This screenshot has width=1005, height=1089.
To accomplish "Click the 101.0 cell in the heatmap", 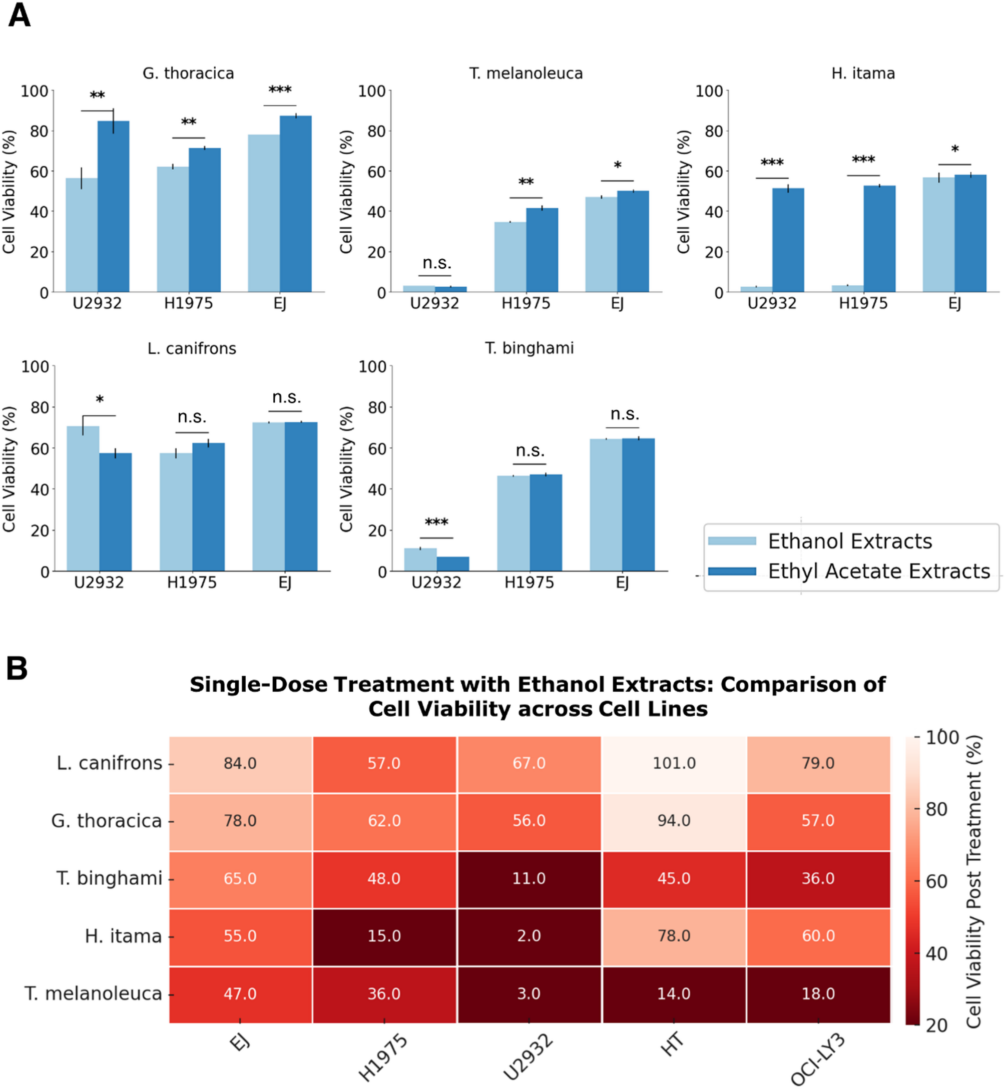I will coord(674,763).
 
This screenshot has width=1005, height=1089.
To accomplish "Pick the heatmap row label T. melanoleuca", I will coord(93,993).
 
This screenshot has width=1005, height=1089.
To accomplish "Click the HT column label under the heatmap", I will coord(672,1044).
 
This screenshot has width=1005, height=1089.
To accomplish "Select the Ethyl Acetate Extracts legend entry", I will coord(879,571).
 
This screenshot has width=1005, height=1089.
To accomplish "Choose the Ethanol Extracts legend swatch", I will coord(732,541).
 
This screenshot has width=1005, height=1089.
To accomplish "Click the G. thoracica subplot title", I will coord(188,73).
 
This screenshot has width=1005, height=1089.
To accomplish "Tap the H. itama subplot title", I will coord(863,73).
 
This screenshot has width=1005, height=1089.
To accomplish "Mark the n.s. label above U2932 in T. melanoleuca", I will coord(437,263).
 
